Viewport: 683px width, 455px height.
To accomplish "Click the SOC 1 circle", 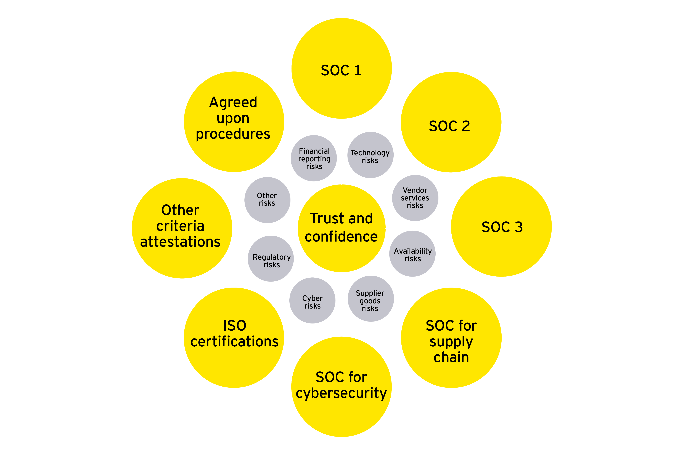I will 341,68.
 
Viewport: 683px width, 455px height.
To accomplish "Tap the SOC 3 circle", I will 501,227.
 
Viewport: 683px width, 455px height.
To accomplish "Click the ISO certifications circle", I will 234,338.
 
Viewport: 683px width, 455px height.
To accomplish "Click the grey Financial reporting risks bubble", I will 314,158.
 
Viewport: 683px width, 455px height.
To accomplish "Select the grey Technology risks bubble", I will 370,155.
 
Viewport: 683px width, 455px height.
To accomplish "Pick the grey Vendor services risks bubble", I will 415,198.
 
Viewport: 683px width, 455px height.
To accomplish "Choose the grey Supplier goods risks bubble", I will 370,299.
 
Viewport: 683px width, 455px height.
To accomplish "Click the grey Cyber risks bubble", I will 313,301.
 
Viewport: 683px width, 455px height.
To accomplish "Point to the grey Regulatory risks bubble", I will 271,259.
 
